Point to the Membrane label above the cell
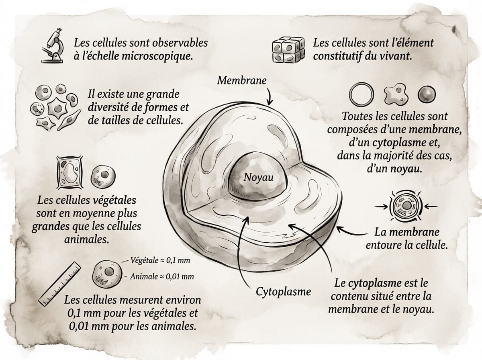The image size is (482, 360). point(242,80)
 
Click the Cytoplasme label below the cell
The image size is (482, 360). point(284,292)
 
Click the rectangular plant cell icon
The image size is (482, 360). point(70,174)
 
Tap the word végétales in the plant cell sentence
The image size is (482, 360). point(110,200)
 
